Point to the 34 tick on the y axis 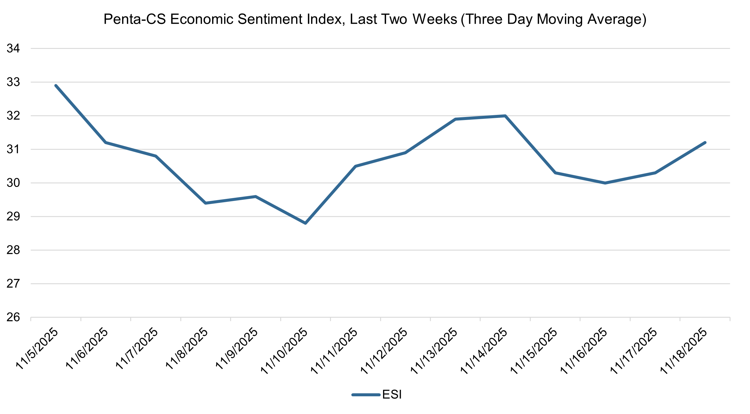click(x=13, y=49)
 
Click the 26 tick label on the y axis click(x=13, y=317)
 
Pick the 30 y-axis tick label click(x=13, y=183)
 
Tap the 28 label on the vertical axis click(x=13, y=250)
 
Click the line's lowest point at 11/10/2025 click(x=305, y=223)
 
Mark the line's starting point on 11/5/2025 click(x=56, y=85)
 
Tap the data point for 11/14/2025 click(x=505, y=116)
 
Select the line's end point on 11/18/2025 click(x=705, y=142)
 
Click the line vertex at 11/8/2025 click(x=205, y=203)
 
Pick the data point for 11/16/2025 click(x=605, y=183)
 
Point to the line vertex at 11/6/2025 click(x=106, y=142)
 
